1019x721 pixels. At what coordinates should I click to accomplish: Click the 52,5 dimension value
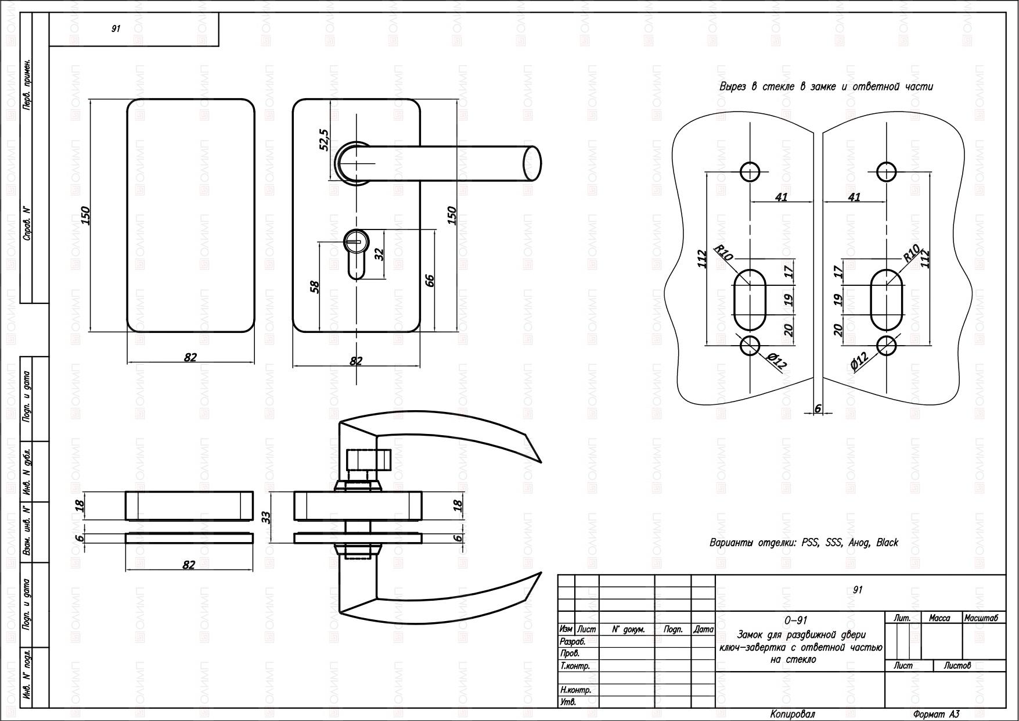click(x=324, y=141)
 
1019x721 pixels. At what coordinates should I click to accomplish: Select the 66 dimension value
click(x=430, y=281)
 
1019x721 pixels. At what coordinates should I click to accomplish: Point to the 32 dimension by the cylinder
click(x=380, y=254)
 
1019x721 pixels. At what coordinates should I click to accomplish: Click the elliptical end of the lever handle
click(x=532, y=164)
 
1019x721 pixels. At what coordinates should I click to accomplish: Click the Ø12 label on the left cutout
click(x=776, y=361)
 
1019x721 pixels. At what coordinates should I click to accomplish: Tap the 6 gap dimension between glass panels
click(x=818, y=408)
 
